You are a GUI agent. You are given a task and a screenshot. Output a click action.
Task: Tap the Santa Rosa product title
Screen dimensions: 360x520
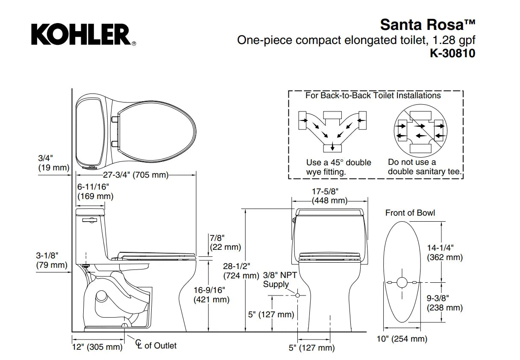427,24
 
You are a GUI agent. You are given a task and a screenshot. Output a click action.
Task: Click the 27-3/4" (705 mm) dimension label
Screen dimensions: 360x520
135,175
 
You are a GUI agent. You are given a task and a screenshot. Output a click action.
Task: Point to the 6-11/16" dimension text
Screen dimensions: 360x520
93,187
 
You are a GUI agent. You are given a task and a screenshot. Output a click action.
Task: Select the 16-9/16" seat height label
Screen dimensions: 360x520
212,295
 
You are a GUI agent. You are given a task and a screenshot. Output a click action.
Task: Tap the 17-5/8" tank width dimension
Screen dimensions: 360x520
329,196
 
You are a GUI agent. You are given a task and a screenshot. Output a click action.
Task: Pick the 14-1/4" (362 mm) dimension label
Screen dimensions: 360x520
445,252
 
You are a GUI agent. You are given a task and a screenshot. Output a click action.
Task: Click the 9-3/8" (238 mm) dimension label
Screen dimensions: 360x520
445,302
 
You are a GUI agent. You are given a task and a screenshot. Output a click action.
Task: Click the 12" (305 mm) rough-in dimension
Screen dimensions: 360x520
97,347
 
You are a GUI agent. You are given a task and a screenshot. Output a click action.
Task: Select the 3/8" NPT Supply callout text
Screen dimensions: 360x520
280,280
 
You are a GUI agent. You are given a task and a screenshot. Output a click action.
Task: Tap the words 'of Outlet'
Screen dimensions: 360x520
160,345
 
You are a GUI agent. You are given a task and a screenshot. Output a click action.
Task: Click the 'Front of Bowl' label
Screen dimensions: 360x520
410,213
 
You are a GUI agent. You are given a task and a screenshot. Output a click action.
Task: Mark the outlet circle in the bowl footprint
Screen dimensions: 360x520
402,282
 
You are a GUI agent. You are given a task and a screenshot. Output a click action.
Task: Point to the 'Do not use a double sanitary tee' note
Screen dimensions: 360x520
425,167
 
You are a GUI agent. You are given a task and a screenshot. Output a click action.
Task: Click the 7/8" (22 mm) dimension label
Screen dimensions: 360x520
225,242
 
